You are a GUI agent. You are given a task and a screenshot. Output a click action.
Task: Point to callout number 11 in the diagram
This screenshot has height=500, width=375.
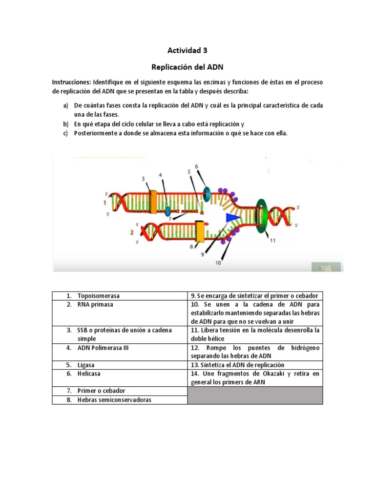tap(272, 240)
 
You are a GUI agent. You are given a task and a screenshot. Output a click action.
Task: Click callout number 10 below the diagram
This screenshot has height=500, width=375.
tap(218, 262)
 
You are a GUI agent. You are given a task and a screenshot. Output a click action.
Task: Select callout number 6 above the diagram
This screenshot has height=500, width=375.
tap(197, 167)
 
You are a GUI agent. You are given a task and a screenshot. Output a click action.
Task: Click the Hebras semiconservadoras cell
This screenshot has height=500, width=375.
tap(114, 400)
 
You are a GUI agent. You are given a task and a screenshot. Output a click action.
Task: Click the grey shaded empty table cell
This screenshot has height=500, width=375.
tap(255, 395)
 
